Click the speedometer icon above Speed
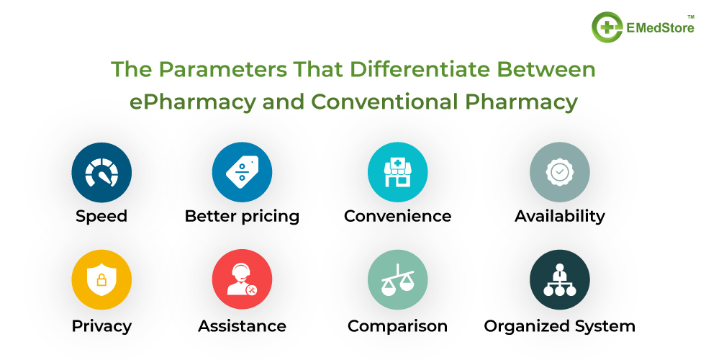click(101, 171)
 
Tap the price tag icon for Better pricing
click(242, 171)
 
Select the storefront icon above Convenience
click(397, 171)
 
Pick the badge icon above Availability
click(559, 171)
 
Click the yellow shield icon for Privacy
click(101, 280)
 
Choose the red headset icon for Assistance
click(242, 280)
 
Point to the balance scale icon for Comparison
click(397, 280)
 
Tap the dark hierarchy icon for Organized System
click(559, 280)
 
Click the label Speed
click(101, 216)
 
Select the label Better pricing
click(242, 216)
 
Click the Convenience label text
click(397, 216)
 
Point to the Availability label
click(559, 216)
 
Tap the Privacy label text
click(101, 326)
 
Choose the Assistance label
click(242, 326)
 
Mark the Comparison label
click(397, 326)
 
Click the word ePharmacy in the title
click(192, 102)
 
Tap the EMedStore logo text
click(660, 29)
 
